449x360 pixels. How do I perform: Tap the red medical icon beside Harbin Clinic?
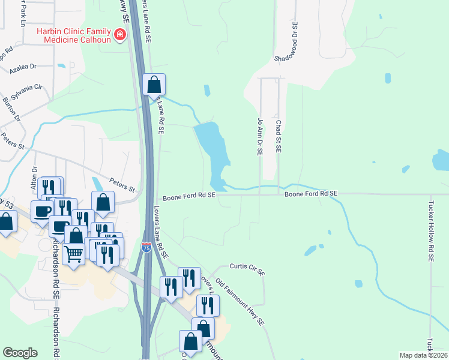click(x=120, y=35)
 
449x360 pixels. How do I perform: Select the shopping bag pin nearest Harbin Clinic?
click(x=154, y=85)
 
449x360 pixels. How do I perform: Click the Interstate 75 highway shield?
click(x=146, y=247)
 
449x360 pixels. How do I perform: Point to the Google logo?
click(x=20, y=353)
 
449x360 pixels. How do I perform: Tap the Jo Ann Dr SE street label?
click(x=260, y=137)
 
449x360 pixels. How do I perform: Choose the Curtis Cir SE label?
click(x=247, y=268)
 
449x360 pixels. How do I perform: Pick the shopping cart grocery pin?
click(x=74, y=254)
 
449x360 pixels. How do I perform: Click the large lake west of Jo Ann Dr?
click(x=214, y=147)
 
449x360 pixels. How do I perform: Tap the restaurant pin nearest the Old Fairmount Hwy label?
click(x=208, y=305)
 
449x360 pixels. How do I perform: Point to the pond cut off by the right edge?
click(x=441, y=160)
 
